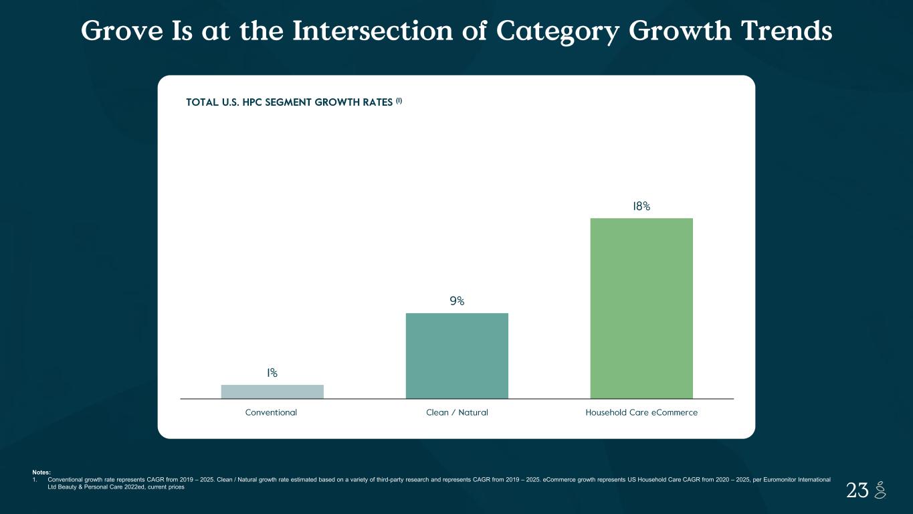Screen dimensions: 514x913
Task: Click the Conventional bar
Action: pos(272,392)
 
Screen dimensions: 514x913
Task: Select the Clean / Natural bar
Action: pos(457,355)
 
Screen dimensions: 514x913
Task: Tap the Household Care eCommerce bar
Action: pos(641,308)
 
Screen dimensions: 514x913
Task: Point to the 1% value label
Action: pos(272,373)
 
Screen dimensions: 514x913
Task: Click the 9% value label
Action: pos(457,301)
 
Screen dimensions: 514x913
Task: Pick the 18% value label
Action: pos(641,206)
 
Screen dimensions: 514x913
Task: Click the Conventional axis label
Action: pos(271,412)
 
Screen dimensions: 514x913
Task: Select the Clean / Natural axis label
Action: pos(457,412)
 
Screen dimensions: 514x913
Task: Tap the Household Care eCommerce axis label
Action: pos(641,412)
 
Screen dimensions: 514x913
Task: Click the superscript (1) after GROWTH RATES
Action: pos(399,100)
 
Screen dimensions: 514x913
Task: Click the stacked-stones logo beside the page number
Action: pos(880,490)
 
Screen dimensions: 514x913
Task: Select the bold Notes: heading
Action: pos(41,473)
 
